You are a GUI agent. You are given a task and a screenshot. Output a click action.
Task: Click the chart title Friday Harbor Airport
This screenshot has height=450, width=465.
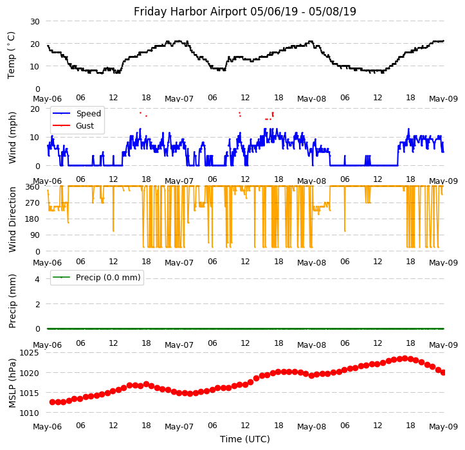coord(244,12)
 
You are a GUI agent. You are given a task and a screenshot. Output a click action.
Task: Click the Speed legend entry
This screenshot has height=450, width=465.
coord(88,114)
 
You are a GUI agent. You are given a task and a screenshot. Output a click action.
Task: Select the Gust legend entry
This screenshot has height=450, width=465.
coord(84,126)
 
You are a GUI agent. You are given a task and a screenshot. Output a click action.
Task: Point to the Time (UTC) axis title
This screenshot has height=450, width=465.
coord(244,439)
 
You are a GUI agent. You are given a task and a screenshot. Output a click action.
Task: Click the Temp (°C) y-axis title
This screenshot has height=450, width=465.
coord(12,55)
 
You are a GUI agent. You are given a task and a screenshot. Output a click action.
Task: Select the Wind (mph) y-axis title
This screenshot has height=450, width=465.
coord(12,137)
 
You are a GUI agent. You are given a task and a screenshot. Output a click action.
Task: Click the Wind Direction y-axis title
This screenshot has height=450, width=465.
coord(12,219)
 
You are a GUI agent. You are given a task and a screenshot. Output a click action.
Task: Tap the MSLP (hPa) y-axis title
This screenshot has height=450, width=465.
coord(12,382)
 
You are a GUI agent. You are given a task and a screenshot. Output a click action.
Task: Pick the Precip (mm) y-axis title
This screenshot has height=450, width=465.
coord(12,301)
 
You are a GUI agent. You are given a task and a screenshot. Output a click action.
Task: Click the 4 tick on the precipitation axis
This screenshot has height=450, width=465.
coord(37,279)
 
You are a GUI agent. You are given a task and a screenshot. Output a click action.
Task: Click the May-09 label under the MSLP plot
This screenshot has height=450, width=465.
coord(443,427)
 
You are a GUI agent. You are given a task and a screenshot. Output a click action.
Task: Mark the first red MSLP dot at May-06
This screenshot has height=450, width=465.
coord(52,402)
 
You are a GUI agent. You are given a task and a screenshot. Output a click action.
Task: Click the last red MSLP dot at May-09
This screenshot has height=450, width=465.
coord(443,372)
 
